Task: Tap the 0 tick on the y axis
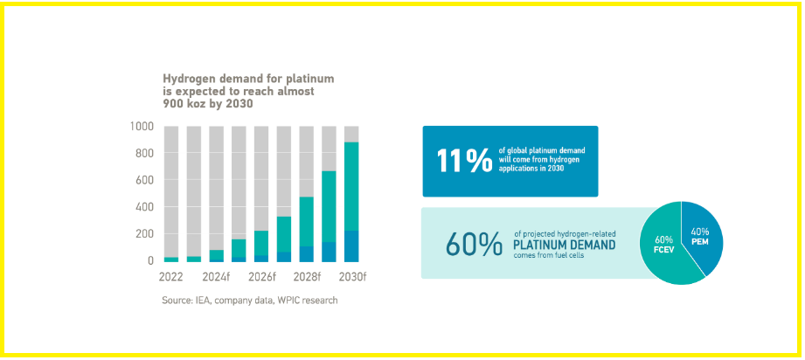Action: (149, 260)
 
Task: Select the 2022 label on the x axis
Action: (171, 278)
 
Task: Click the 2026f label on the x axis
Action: (261, 278)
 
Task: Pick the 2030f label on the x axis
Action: (351, 278)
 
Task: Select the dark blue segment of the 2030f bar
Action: (351, 246)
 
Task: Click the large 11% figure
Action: (463, 162)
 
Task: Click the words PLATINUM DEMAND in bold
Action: (564, 245)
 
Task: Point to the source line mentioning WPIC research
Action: (249, 301)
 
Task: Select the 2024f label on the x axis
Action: (216, 278)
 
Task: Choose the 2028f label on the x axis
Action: (306, 278)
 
